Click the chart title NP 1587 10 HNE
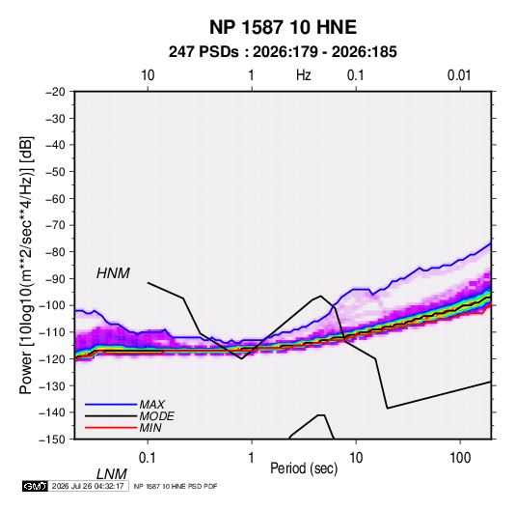(283, 27)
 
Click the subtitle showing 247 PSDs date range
(283, 52)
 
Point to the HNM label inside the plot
(113, 273)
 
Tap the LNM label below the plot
(112, 474)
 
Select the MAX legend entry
(152, 405)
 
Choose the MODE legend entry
(156, 416)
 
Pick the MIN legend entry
(150, 428)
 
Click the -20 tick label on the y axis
(55, 92)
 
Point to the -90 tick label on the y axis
(55, 279)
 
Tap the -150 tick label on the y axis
(52, 440)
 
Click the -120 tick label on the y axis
(52, 359)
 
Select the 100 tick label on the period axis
(460, 458)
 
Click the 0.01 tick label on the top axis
(459, 75)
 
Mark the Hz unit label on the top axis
(304, 75)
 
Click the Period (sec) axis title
(304, 468)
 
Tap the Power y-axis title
(26, 266)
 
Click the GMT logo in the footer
(35, 486)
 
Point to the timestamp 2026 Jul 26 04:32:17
(88, 486)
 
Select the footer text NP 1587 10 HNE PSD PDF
(176, 486)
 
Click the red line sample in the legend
(111, 428)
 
